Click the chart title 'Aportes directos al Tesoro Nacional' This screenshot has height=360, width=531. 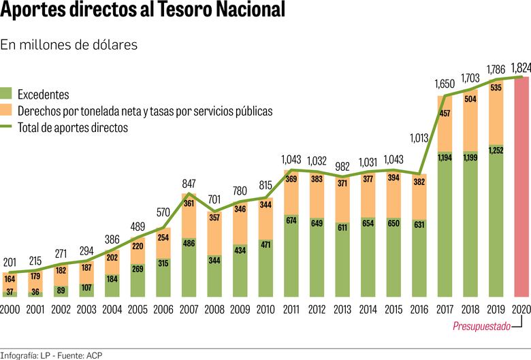143,12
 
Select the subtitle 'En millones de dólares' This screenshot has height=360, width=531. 69,45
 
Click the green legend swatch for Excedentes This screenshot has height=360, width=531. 7,95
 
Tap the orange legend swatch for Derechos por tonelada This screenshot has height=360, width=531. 7,110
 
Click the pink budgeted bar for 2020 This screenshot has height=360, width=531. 521,187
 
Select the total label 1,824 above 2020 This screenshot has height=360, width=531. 521,67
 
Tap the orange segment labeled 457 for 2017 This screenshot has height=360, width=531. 445,113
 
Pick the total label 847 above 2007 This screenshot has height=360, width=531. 189,184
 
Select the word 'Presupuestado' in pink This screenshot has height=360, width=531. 481,327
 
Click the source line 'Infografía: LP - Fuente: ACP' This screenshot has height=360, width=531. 52,354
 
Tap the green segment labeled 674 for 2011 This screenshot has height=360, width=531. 291,220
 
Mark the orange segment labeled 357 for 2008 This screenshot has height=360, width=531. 214,218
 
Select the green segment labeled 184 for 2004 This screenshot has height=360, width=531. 112,279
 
